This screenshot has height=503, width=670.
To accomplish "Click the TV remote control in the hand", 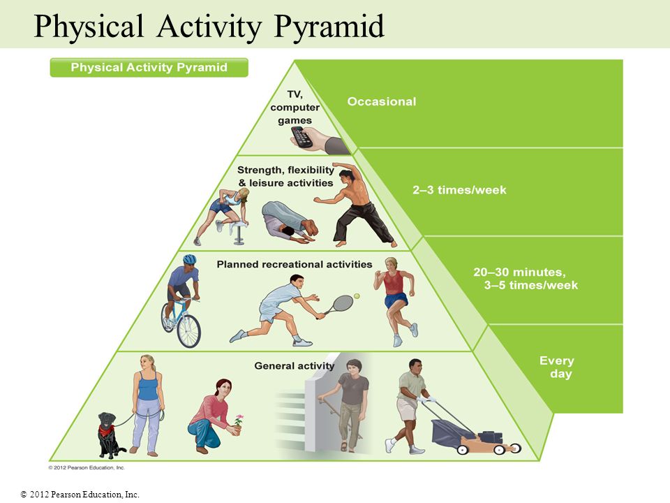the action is click(x=301, y=137).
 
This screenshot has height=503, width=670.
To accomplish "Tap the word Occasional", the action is click(x=382, y=101).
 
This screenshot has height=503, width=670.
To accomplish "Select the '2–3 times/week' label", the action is click(x=459, y=190).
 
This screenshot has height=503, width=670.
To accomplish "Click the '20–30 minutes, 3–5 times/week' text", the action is click(x=526, y=279).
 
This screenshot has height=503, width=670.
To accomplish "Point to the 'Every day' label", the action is click(x=557, y=367).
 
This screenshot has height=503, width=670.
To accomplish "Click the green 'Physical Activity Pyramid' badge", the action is click(x=149, y=68).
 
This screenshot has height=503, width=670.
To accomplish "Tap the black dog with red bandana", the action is click(x=110, y=435).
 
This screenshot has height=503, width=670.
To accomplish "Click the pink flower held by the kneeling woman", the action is click(x=239, y=418).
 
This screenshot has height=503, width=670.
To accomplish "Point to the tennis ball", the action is click(x=357, y=296).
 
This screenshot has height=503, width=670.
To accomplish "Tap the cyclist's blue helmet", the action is click(x=189, y=259).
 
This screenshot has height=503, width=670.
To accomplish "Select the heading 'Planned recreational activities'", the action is click(x=295, y=264).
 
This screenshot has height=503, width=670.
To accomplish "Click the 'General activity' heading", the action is click(x=295, y=365).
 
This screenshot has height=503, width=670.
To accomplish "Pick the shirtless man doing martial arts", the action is click(x=356, y=205).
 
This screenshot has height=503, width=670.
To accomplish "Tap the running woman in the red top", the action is click(x=395, y=300).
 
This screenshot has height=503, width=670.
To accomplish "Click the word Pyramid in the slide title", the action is click(x=329, y=27).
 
